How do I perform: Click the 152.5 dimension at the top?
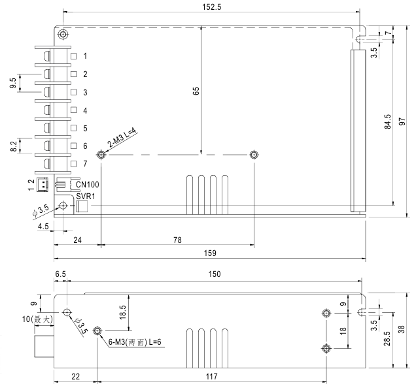point(211,7)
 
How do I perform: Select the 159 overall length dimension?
point(210,253)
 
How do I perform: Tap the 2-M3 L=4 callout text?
point(122,137)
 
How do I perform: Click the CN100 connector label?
point(87,184)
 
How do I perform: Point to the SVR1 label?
point(86,196)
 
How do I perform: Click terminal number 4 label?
point(85,110)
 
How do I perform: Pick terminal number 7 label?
point(85,164)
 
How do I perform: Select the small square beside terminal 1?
point(73,56)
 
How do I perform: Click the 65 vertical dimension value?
point(196,91)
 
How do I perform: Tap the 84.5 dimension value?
point(388,121)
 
